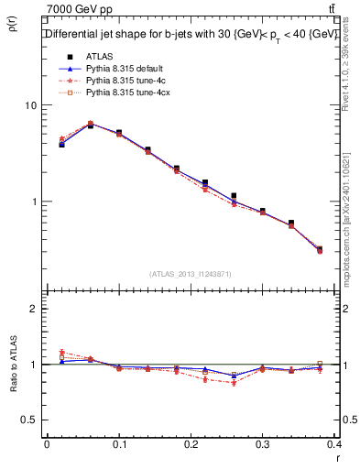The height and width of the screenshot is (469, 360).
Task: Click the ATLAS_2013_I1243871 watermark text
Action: pyautogui.click(x=191, y=274)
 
